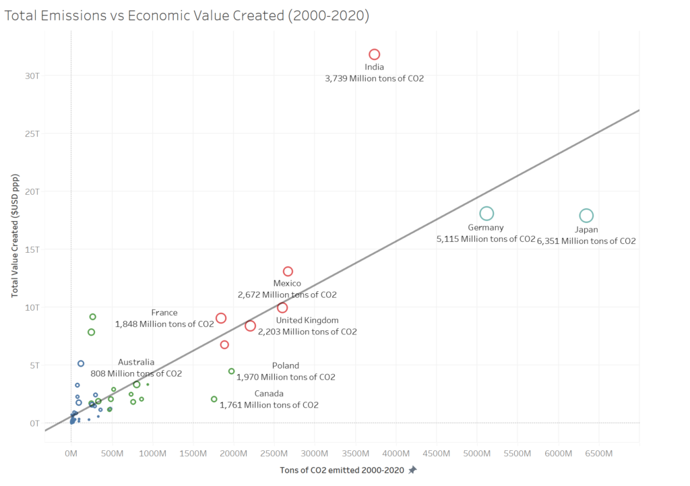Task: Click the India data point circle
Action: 374,54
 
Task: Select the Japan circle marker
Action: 586,216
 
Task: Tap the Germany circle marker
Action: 487,214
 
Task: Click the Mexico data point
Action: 288,271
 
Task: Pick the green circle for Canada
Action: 214,399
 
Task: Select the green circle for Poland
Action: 231,371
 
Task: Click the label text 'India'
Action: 374,67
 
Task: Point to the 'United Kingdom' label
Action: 307,320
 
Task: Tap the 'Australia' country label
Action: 136,362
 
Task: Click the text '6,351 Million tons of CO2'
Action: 586,241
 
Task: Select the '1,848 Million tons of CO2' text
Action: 164,324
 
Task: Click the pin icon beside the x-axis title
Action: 412,470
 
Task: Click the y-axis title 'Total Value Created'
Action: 14,236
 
